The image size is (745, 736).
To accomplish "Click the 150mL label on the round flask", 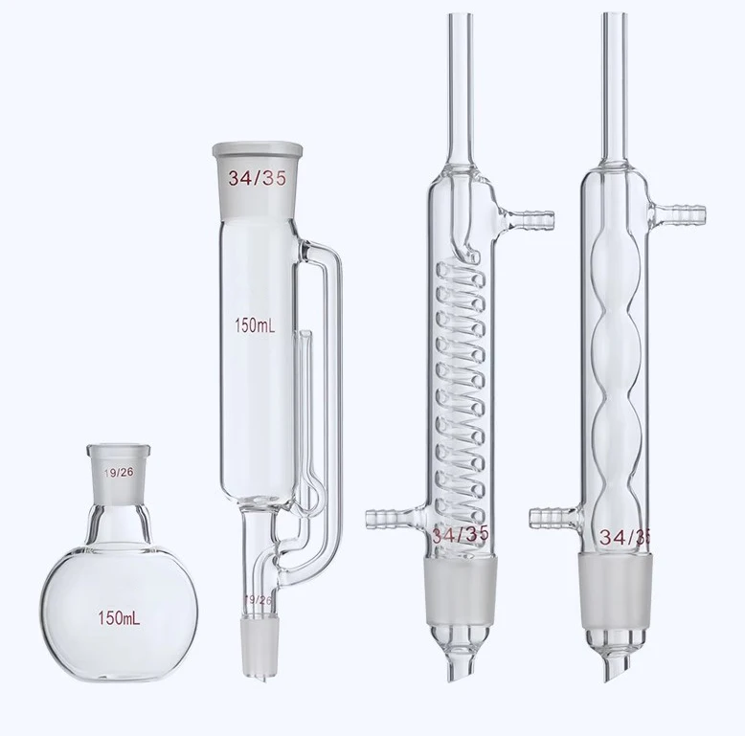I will (119, 617).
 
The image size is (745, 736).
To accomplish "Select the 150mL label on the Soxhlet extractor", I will (255, 325).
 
